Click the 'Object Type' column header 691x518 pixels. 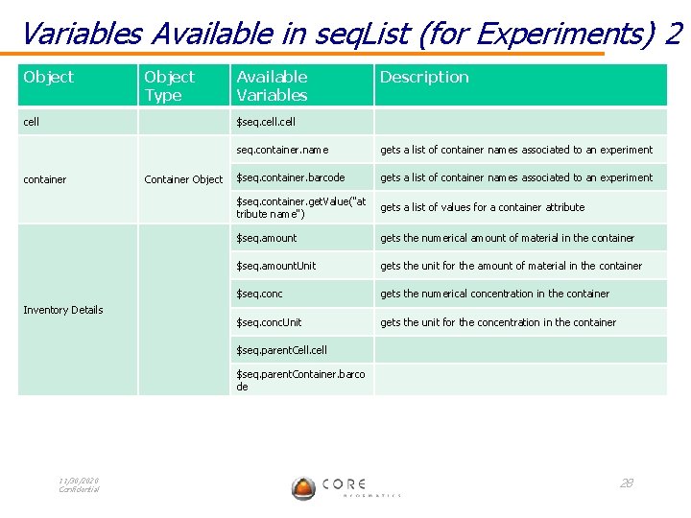click(169, 85)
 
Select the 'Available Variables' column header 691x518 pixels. click(272, 85)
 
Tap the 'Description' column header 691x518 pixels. click(424, 77)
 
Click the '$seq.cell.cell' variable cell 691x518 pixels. click(266, 122)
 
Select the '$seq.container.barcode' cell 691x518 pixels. click(291, 177)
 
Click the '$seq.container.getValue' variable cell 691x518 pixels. click(300, 206)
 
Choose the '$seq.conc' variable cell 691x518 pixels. click(260, 294)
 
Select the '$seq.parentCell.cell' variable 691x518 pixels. click(282, 350)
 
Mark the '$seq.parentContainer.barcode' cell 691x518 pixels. click(300, 379)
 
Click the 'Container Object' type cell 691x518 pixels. click(183, 179)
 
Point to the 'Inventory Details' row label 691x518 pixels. click(63, 310)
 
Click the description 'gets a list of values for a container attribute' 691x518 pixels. click(482, 207)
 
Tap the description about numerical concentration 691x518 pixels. click(494, 294)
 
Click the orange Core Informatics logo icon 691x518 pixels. click(303, 487)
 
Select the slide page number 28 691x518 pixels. click(626, 483)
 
